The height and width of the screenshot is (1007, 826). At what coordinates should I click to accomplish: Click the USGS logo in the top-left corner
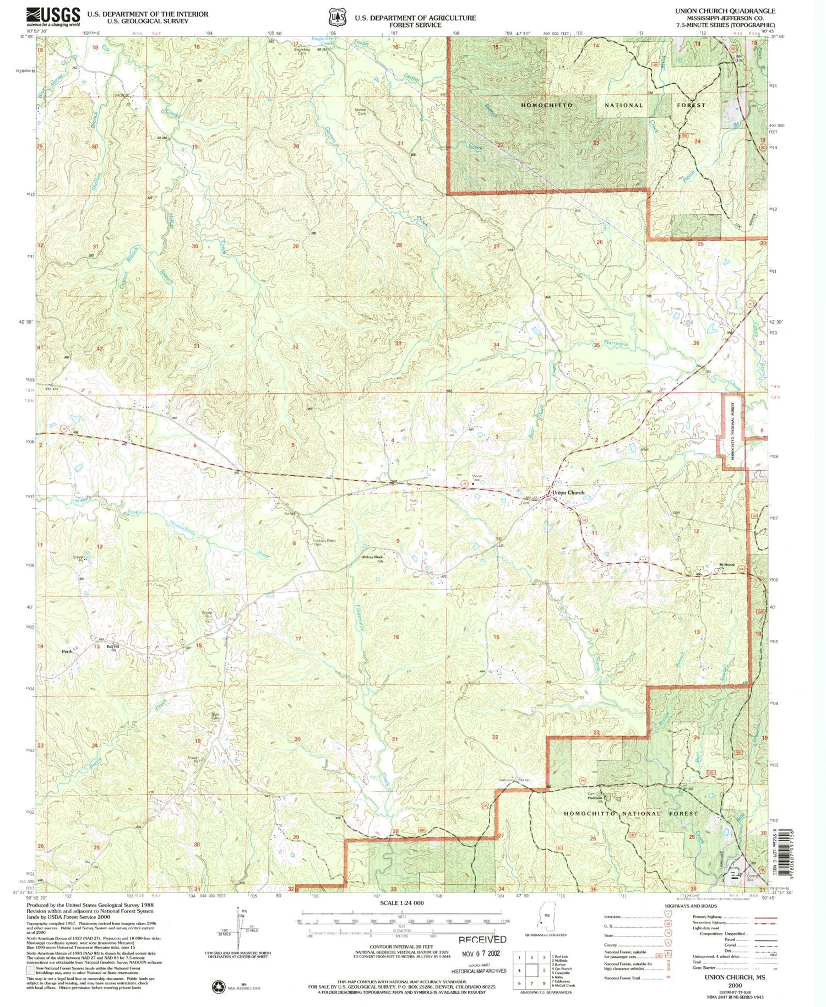click(x=53, y=17)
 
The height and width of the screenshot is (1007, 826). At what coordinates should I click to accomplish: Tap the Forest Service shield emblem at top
click(x=335, y=17)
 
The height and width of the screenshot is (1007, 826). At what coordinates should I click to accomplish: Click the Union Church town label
click(x=568, y=492)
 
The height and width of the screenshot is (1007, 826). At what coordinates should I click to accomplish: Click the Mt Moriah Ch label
click(x=727, y=566)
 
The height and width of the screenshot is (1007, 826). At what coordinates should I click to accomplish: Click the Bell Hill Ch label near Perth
click(x=113, y=648)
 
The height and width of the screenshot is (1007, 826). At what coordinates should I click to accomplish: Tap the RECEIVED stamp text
click(x=482, y=939)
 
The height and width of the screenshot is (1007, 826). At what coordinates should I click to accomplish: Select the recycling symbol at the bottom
click(x=219, y=987)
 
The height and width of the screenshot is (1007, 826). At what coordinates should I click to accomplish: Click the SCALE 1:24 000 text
click(x=402, y=903)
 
